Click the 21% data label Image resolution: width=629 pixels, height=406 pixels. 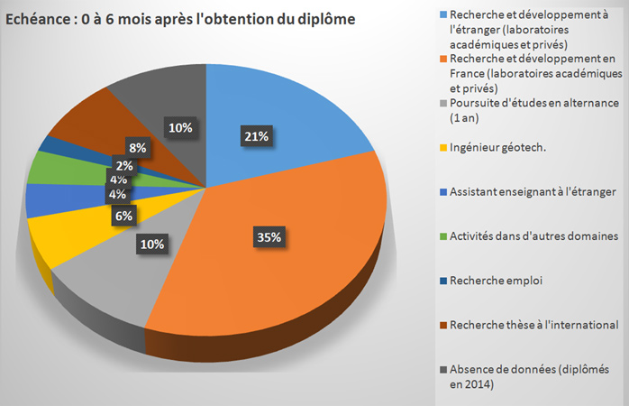tap(255, 137)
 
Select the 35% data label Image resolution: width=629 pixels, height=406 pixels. tap(269, 237)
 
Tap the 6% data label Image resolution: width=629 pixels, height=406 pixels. tap(123, 216)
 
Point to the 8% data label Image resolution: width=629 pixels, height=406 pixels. tap(138, 148)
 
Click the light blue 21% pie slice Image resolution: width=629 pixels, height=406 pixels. tap(270, 108)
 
